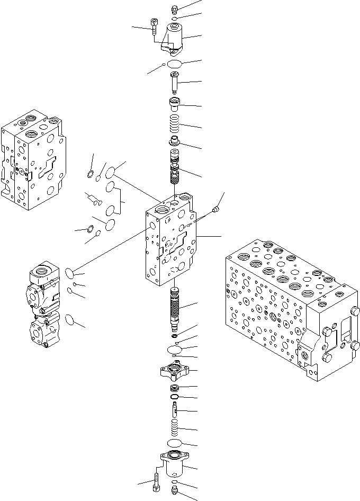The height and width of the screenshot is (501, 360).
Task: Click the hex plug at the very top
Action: pyautogui.click(x=175, y=9)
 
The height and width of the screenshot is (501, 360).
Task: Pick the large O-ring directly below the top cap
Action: pyautogui.click(x=175, y=65)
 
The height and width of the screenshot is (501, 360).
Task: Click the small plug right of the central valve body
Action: pyautogui.click(x=215, y=211)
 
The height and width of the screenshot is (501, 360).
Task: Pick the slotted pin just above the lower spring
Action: pyautogui.click(x=175, y=409)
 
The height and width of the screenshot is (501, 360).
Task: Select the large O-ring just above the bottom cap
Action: pyautogui.click(x=175, y=443)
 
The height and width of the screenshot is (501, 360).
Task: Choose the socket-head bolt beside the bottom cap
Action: pyautogui.click(x=157, y=481)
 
